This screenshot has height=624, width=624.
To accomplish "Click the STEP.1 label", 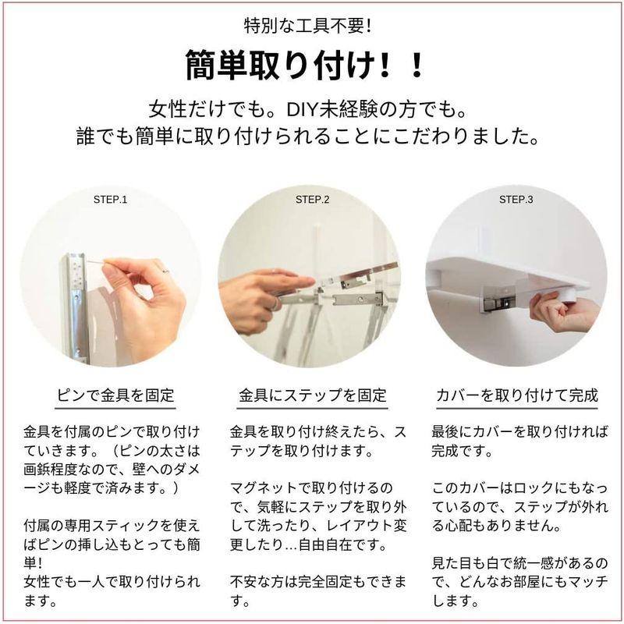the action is pyautogui.click(x=110, y=200).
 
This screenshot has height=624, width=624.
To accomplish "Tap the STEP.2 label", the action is pyautogui.click(x=313, y=200).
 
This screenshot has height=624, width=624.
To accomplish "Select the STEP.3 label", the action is pyautogui.click(x=516, y=200).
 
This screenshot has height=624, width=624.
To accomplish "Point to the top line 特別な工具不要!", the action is pyautogui.click(x=307, y=27).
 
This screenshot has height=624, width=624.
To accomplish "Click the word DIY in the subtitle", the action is pyautogui.click(x=302, y=110).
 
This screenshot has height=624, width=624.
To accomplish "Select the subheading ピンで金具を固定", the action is pyautogui.click(x=115, y=395).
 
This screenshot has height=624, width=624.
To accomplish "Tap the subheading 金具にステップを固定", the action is pyautogui.click(x=313, y=395).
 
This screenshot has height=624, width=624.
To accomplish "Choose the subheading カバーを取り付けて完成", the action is pyautogui.click(x=517, y=395).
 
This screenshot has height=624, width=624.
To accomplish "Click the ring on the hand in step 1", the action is pyautogui.click(x=165, y=271).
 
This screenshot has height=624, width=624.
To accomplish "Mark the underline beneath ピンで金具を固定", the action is pyautogui.click(x=115, y=408).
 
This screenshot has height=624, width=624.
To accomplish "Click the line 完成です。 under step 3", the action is pyautogui.click(x=463, y=451).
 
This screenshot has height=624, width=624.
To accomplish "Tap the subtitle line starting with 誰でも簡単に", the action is pyautogui.click(x=307, y=136).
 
